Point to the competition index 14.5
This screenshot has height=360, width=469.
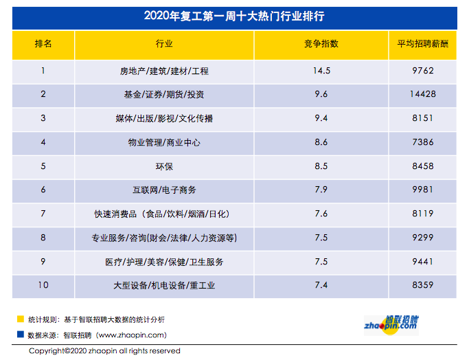(321, 70)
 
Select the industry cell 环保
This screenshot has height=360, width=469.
(164, 166)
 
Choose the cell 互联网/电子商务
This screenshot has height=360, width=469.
(164, 190)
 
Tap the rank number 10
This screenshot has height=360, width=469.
(43, 285)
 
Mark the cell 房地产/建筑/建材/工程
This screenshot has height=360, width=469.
(164, 70)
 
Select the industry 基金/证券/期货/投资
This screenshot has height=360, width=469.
(164, 94)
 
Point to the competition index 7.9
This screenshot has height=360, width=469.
(321, 190)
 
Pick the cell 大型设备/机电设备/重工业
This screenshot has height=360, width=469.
(164, 285)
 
